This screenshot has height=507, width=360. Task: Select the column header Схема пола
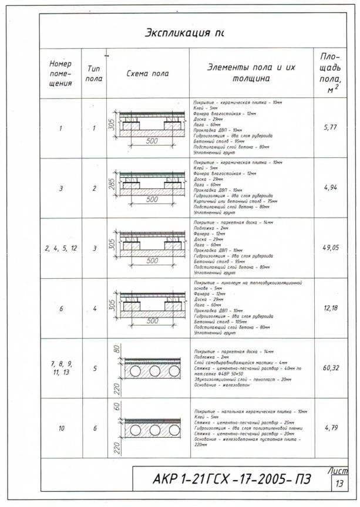(x=147, y=74)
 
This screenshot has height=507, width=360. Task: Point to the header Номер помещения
(x=60, y=73)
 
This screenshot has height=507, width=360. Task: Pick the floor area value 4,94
(x=331, y=188)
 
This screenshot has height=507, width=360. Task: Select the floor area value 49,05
(x=331, y=248)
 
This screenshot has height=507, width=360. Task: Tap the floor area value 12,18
(x=331, y=309)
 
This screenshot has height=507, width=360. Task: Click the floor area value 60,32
(x=331, y=368)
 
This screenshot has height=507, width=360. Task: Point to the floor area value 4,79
(x=331, y=428)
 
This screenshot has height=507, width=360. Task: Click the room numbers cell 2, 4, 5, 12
(x=60, y=248)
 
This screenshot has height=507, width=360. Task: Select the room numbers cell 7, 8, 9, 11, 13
(x=60, y=368)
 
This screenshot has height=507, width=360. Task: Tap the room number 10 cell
(x=61, y=428)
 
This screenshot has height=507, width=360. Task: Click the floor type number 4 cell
(x=94, y=309)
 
